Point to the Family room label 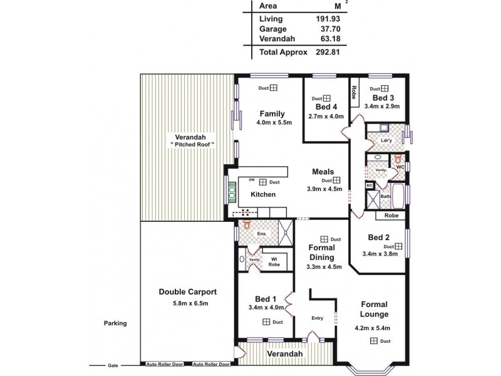coord(272,114)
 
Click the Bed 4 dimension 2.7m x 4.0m coord(326,116)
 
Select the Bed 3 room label coord(383,98)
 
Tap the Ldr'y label coord(386,140)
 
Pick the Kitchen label coord(263,195)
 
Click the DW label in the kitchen coord(251,181)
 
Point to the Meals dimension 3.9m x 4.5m coord(324,189)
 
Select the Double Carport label coord(187,292)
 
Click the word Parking coord(115,323)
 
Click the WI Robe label coord(274,262)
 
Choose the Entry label coord(318,318)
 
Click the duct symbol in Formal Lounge coord(373,341)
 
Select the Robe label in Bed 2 coord(391,215)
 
